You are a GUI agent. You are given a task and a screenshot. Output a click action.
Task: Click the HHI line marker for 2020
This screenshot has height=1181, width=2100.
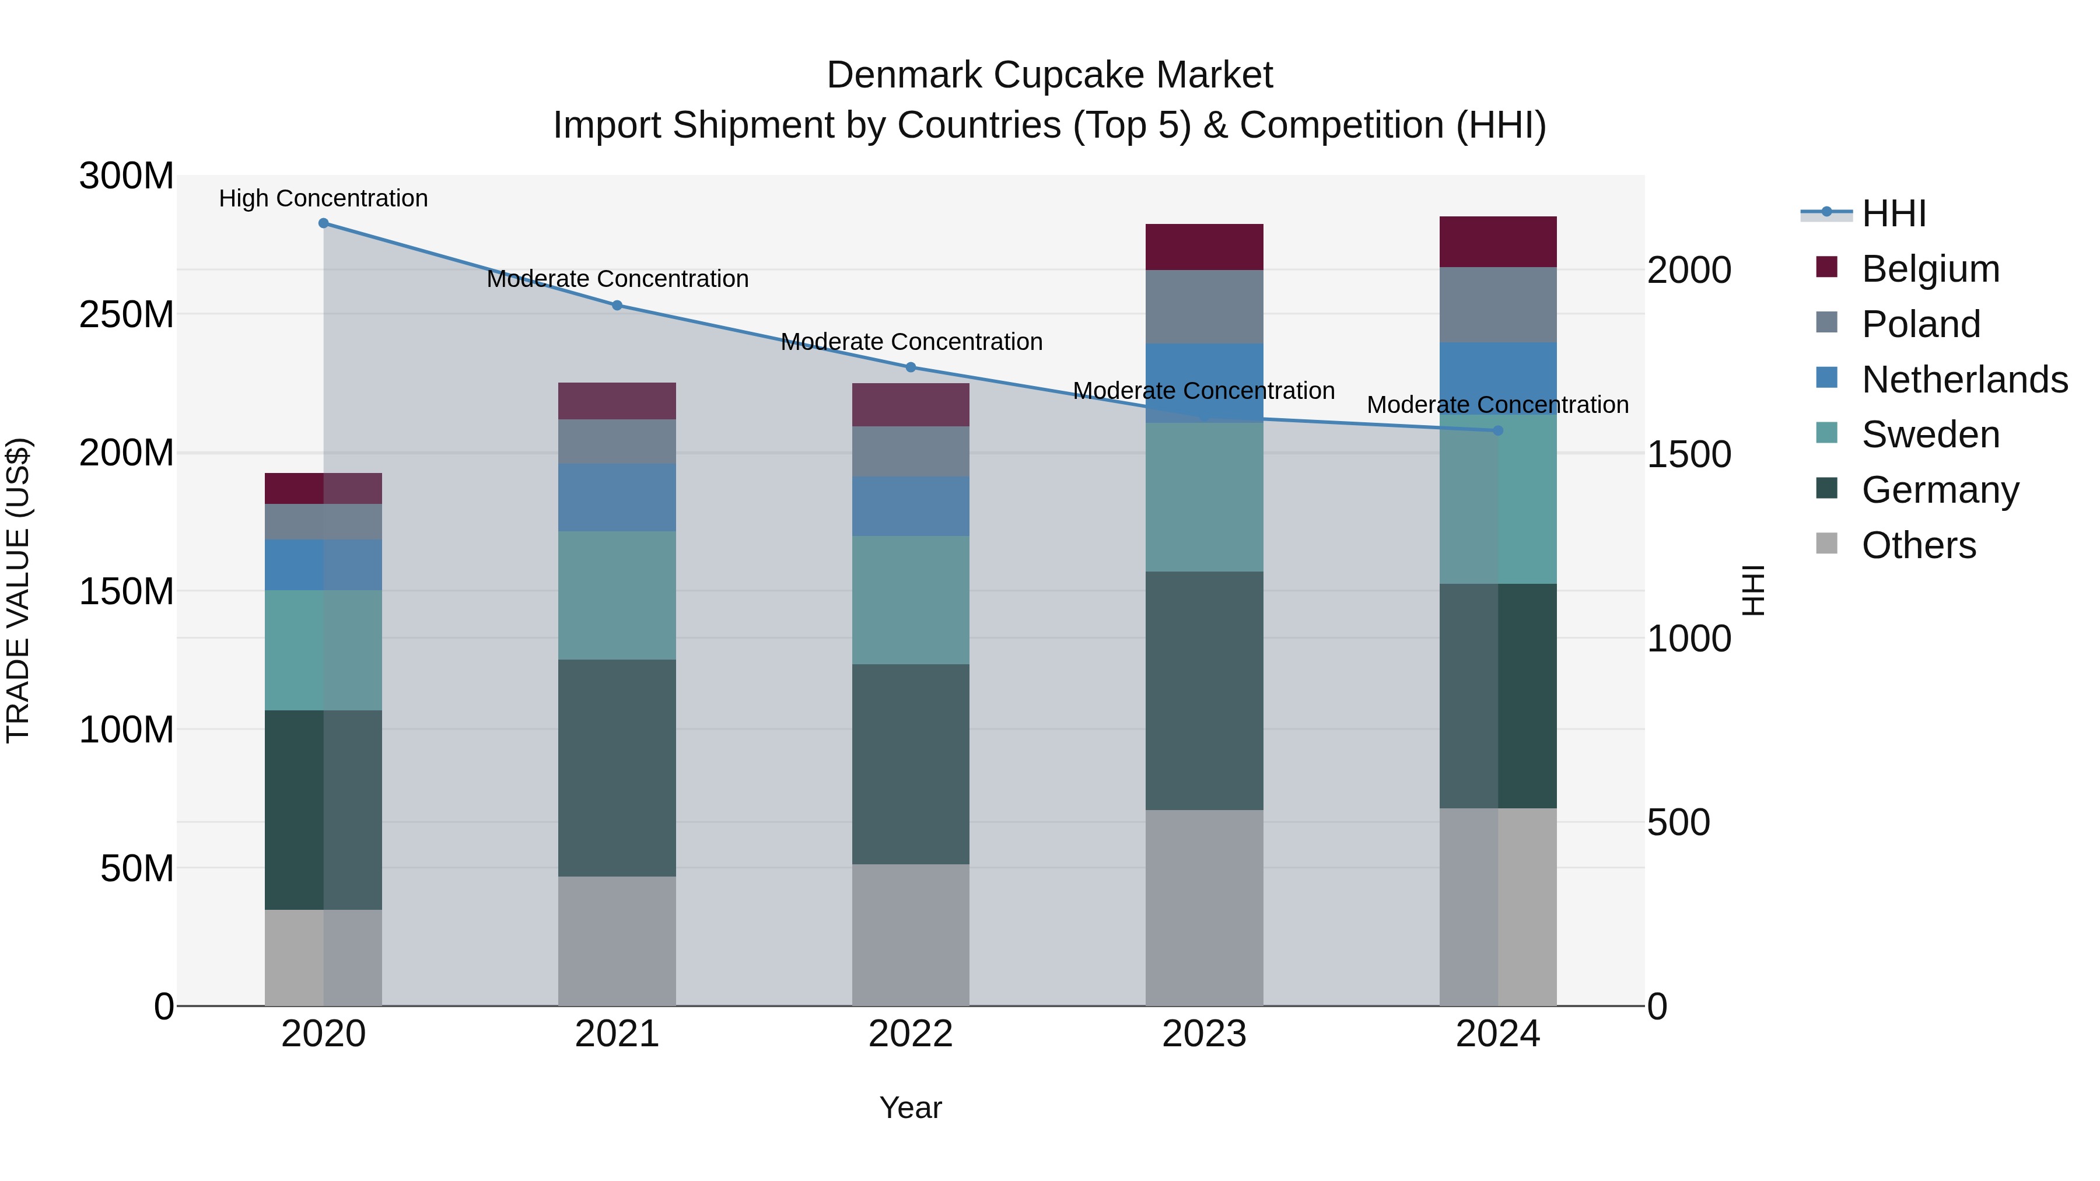pos(324,223)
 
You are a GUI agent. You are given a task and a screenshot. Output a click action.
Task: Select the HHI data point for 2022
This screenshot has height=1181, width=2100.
pos(911,367)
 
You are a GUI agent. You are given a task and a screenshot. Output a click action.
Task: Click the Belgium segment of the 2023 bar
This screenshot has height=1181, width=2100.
pos(1204,247)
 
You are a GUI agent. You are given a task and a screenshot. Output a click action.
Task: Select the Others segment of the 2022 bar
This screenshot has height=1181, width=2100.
pos(911,935)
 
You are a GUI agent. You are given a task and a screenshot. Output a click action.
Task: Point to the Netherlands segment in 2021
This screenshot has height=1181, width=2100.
pos(617,498)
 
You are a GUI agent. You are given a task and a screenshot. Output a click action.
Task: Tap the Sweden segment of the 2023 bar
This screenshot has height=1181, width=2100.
pos(1204,497)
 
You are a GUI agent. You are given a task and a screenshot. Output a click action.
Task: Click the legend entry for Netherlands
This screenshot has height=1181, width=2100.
pos(1964,379)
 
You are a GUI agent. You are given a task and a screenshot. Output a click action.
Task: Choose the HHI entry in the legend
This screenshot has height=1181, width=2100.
pos(1894,213)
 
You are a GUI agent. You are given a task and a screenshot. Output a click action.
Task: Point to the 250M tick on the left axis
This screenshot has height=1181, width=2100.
pos(127,314)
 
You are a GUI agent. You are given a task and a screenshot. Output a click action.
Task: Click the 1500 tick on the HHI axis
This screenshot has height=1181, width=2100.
pos(1688,455)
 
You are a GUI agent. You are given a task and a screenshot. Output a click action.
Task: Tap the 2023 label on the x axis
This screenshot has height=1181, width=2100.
pos(1204,1035)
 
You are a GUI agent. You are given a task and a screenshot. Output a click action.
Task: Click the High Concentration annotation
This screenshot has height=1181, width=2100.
pos(324,199)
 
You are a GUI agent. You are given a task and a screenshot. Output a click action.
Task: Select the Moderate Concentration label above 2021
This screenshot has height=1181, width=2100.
pos(617,279)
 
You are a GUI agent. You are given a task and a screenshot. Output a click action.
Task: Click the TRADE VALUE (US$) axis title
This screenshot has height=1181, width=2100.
pos(18,591)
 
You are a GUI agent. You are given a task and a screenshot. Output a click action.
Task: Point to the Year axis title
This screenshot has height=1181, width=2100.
pos(911,1109)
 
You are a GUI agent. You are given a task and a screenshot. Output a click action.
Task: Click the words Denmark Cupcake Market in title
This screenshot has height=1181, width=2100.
pos(1049,76)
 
